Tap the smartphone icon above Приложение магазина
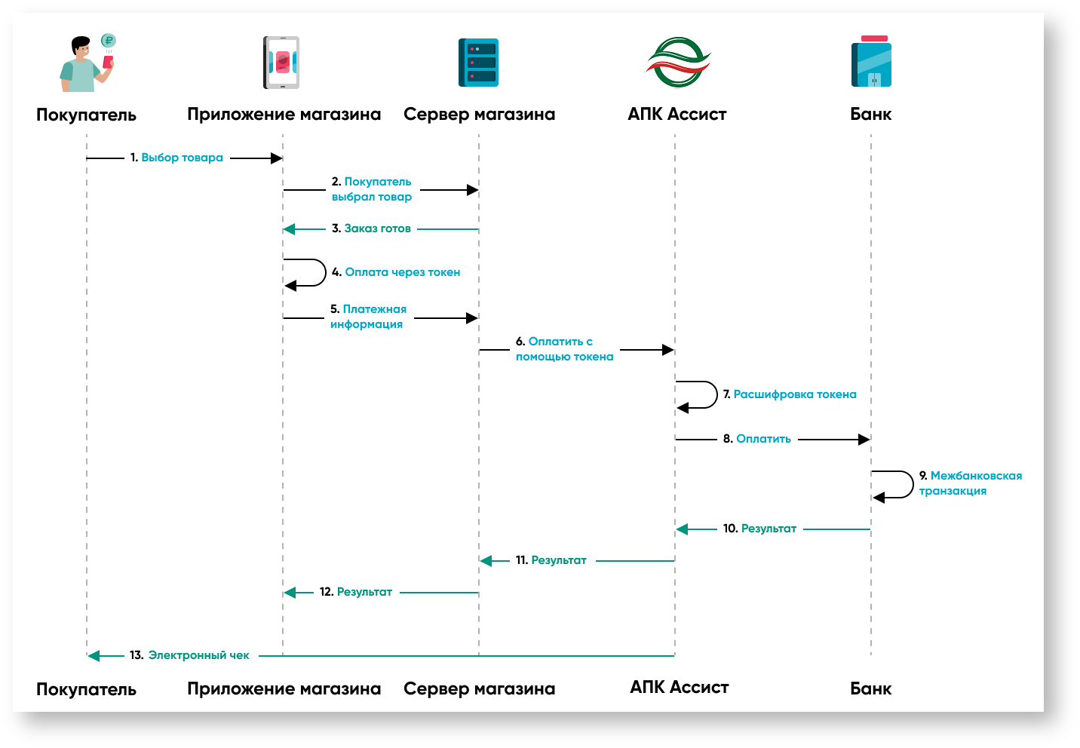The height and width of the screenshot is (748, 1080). tap(281, 63)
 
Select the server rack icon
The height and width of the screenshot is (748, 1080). tap(478, 63)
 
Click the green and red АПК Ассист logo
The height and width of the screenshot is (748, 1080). tap(677, 63)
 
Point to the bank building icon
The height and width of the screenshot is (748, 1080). tap(871, 63)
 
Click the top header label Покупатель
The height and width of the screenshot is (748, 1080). tap(86, 115)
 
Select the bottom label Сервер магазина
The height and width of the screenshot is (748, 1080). tap(479, 688)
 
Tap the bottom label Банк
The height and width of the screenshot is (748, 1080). tap(870, 688)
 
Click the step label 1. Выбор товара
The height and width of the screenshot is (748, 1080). tap(176, 158)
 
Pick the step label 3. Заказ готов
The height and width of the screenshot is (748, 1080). tap(371, 228)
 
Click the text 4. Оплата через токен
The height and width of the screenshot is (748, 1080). tap(396, 272)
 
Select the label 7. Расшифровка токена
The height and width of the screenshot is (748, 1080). tap(790, 394)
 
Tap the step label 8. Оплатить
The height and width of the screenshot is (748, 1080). tap(756, 439)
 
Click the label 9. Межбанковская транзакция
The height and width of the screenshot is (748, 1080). tap(970, 483)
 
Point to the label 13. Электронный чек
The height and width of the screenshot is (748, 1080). tap(189, 655)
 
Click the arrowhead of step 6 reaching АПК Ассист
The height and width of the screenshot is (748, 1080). tap(667, 350)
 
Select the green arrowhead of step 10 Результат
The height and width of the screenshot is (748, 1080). tap(683, 529)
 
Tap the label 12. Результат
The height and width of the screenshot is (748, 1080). tap(356, 592)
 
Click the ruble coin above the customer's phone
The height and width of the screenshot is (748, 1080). tap(109, 41)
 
